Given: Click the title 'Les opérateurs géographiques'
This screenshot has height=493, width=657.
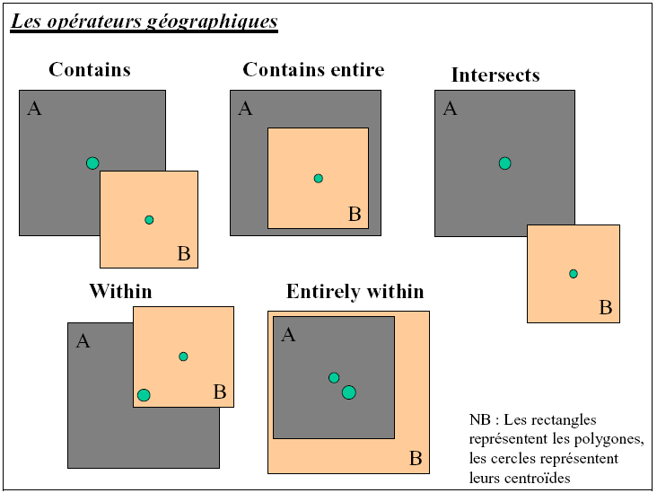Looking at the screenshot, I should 145,22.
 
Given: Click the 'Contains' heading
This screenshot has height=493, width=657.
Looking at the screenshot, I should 90,70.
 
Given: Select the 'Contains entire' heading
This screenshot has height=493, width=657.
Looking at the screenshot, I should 313,70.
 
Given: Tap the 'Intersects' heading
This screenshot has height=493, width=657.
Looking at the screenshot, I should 495,75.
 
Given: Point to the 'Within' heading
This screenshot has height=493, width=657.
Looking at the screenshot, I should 120,291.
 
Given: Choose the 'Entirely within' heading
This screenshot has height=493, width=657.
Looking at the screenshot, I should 355,292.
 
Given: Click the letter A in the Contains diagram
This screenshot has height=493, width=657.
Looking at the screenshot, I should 35,110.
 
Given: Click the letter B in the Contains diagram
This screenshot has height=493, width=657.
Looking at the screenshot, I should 183,254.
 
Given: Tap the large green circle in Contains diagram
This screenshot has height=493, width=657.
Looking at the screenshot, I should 92,163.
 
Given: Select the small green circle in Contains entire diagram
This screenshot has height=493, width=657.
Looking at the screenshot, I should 318,178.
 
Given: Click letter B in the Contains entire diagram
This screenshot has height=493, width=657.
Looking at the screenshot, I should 354,214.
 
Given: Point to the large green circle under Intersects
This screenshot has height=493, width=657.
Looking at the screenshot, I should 504,163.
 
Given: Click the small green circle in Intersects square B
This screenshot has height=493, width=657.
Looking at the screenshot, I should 574,273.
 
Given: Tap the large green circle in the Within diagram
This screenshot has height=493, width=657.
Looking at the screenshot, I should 144,395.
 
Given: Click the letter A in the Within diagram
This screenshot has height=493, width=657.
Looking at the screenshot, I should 83,341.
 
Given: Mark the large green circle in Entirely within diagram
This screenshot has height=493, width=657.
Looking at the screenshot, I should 349,392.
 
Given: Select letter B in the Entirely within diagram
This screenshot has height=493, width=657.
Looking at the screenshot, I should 416,459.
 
